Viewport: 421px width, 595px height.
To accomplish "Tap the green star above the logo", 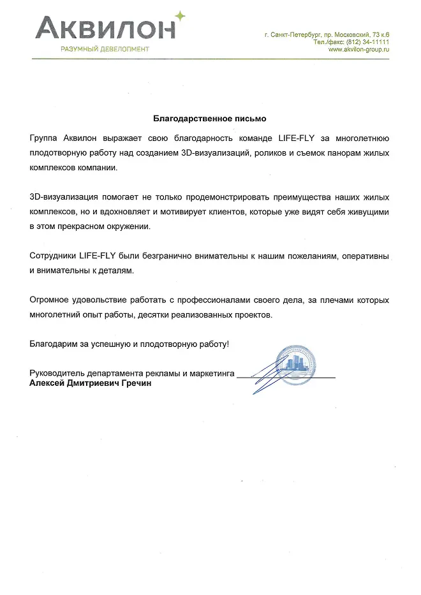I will click(x=181, y=14).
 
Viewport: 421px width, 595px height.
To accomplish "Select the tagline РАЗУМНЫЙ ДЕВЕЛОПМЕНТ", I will click(x=105, y=49).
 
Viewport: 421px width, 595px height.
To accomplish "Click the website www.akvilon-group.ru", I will click(x=358, y=49).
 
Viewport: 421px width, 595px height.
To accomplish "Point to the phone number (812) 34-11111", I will click(x=368, y=41).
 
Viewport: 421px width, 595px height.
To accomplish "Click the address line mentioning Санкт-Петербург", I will click(x=326, y=33).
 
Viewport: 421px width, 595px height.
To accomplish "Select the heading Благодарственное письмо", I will click(x=210, y=119).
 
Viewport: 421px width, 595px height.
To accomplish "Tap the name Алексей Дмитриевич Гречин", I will click(x=91, y=384).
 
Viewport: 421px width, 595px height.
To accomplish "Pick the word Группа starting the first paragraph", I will click(x=44, y=138).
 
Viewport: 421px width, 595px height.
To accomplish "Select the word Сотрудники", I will click(x=53, y=256).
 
